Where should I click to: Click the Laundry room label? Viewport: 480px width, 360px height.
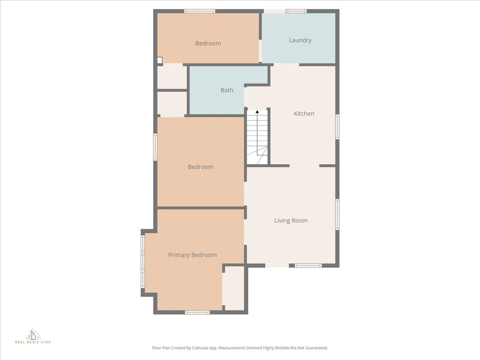pyautogui.click(x=300, y=40)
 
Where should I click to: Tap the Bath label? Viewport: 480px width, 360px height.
pyautogui.click(x=227, y=90)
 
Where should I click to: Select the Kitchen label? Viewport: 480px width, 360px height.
pyautogui.click(x=304, y=113)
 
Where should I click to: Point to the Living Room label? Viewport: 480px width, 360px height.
pyautogui.click(x=291, y=220)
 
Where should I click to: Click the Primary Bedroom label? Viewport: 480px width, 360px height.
pyautogui.click(x=192, y=255)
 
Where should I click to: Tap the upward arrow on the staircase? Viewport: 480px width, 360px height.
pyautogui.click(x=257, y=112)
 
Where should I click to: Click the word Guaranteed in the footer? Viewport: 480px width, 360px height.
pyautogui.click(x=315, y=348)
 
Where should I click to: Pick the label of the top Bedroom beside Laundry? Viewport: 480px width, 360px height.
pyautogui.click(x=208, y=43)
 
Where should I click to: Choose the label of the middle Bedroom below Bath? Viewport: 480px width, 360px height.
pyautogui.click(x=201, y=167)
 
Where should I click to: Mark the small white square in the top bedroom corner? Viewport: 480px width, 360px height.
pyautogui.click(x=159, y=60)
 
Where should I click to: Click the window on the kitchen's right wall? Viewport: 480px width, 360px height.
pyautogui.click(x=337, y=127)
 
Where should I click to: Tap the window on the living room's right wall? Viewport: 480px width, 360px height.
pyautogui.click(x=337, y=214)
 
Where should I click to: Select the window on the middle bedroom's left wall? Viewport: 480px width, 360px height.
pyautogui.click(x=155, y=147)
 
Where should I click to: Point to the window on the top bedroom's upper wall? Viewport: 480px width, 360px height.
pyautogui.click(x=200, y=11)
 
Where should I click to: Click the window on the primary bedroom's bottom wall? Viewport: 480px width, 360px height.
pyautogui.click(x=197, y=312)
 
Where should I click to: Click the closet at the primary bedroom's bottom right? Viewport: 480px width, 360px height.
pyautogui.click(x=234, y=288)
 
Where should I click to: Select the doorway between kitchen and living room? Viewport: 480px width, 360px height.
pyautogui.click(x=304, y=165)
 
